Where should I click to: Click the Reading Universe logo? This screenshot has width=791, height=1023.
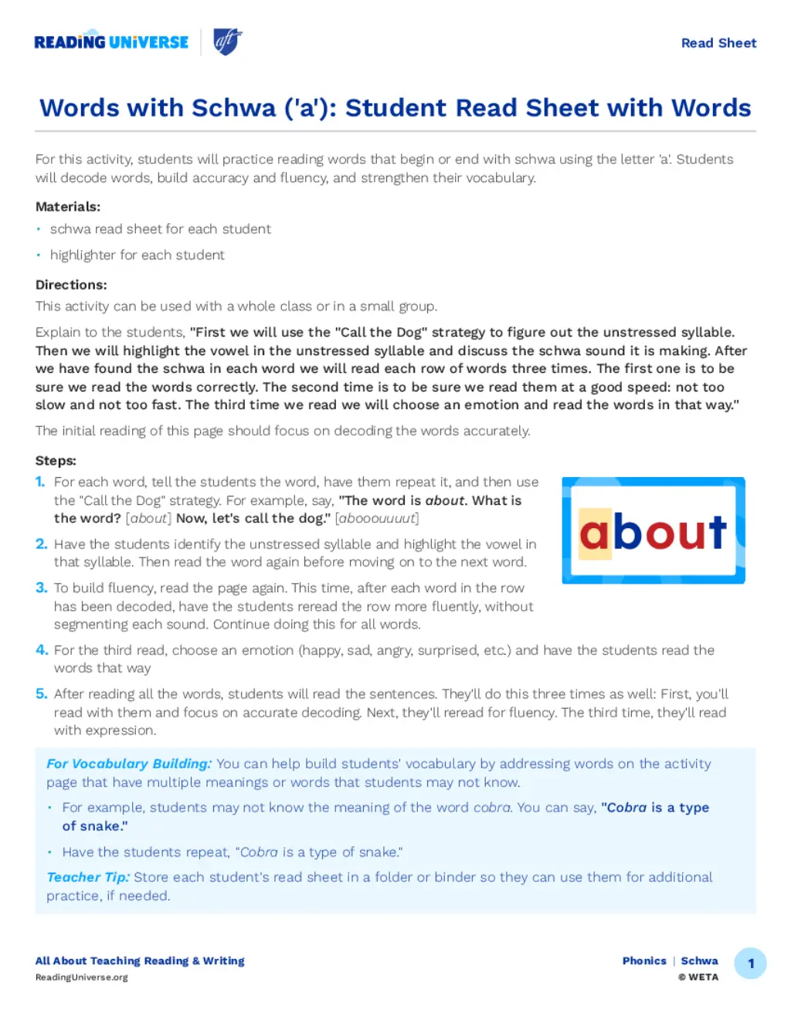coord(111,42)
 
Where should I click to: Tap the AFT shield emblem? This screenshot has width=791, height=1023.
coord(227,42)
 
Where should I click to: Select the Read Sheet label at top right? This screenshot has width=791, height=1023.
coord(718,43)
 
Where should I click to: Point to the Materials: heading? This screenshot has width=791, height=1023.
coord(68,207)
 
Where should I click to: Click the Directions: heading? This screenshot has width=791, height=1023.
coord(71,285)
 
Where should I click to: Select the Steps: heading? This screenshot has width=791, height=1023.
coord(56,461)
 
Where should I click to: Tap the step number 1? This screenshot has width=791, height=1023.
coord(40,482)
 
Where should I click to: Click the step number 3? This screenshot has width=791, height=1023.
coord(41,588)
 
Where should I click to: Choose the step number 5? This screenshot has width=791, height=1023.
coord(41,694)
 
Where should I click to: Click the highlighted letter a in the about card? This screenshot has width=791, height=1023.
coord(594,533)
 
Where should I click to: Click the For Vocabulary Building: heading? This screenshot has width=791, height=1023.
coord(128,764)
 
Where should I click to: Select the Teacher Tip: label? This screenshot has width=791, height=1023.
coord(87,877)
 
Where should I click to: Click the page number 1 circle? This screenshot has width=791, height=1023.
coord(750,964)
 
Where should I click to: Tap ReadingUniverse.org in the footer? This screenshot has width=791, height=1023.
coord(82,977)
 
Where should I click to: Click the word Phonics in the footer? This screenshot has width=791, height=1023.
coord(644,961)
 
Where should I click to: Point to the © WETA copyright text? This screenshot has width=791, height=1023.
coord(698,977)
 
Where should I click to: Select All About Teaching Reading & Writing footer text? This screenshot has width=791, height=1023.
coord(140,961)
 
